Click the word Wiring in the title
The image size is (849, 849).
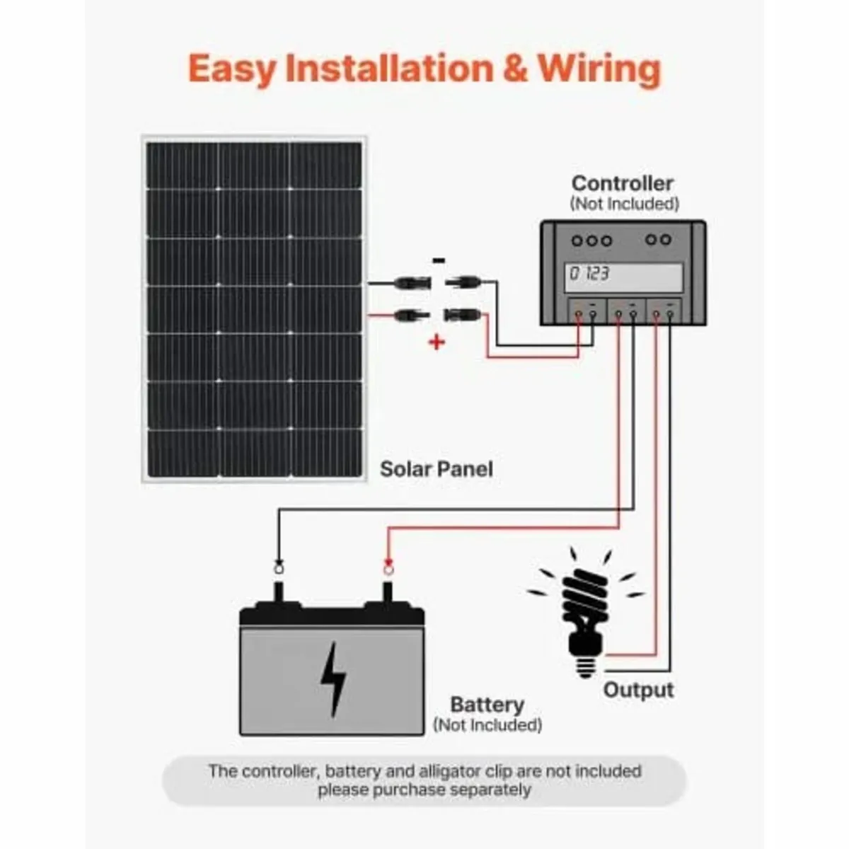[x=599, y=69]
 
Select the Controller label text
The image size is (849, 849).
[x=622, y=183]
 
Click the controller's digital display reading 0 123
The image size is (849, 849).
[x=625, y=275]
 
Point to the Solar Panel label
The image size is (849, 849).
[x=437, y=469]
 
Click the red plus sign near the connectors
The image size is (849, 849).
[x=437, y=342]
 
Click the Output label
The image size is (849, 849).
[x=638, y=690]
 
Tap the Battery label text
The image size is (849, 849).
[x=487, y=705]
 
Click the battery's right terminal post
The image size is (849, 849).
[x=388, y=591]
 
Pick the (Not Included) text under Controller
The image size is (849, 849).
[x=624, y=204]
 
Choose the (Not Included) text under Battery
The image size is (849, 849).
[x=487, y=725]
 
